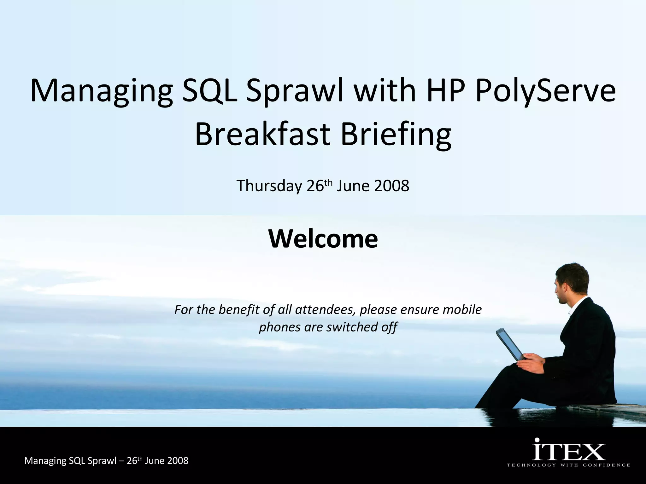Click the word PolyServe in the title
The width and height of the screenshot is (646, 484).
pyautogui.click(x=545, y=91)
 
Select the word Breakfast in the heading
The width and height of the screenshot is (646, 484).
pyautogui.click(x=263, y=135)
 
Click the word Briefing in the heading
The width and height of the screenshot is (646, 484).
pyautogui.click(x=396, y=135)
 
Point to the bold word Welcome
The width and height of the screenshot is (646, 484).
pyautogui.click(x=323, y=239)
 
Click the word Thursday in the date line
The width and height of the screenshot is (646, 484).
pyautogui.click(x=269, y=186)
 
